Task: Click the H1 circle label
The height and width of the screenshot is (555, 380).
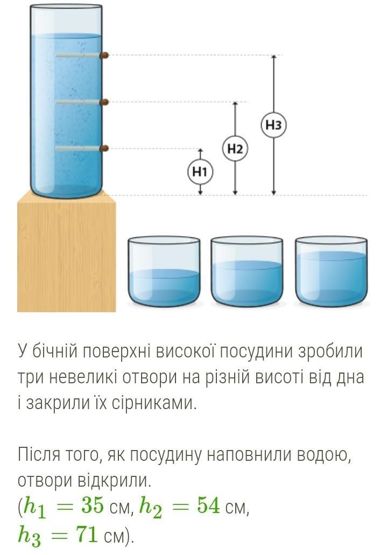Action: coord(200,172)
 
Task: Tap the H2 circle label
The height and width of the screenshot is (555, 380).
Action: coord(235,149)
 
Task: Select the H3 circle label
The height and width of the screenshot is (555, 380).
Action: coord(274,125)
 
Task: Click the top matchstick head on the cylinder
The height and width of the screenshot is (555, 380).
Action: coord(104,55)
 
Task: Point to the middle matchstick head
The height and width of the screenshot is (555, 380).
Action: coord(105,102)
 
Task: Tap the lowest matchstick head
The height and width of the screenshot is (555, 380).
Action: coord(104,148)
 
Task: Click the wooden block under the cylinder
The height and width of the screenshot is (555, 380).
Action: coord(67,253)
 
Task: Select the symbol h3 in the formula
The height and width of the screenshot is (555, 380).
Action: coord(30,536)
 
